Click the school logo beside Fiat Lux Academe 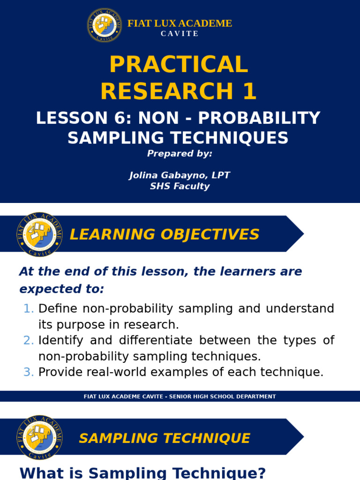[105, 25]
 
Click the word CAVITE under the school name [180, 34]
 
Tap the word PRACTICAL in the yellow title [179, 65]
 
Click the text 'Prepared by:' [180, 153]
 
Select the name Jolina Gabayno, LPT [180, 175]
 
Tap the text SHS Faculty [180, 186]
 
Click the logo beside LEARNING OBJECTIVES [39, 234]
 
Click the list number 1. [29, 308]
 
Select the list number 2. [29, 340]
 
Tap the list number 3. [29, 372]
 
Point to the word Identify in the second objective [60, 340]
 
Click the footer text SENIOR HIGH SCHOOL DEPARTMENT [222, 397]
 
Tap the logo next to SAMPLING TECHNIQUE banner [39, 437]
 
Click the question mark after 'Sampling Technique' [261, 472]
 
